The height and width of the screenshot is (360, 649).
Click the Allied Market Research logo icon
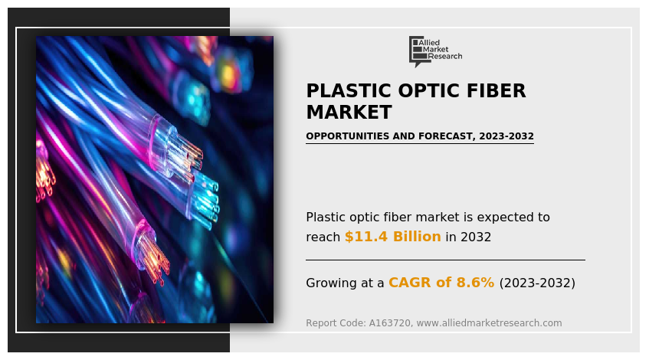coord(418,50)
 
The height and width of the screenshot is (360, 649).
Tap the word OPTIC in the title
coord(420,91)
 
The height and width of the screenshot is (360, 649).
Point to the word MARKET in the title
coord(349,113)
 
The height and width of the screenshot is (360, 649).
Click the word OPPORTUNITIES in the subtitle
coord(348,136)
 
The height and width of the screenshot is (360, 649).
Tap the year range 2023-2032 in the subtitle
coord(506,136)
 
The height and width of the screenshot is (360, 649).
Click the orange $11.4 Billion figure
coord(392,237)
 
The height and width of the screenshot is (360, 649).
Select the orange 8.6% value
coord(475,283)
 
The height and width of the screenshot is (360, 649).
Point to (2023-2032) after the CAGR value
coord(536,283)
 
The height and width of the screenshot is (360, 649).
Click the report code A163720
coord(392,323)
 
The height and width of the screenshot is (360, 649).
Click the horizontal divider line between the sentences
coord(444,260)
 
